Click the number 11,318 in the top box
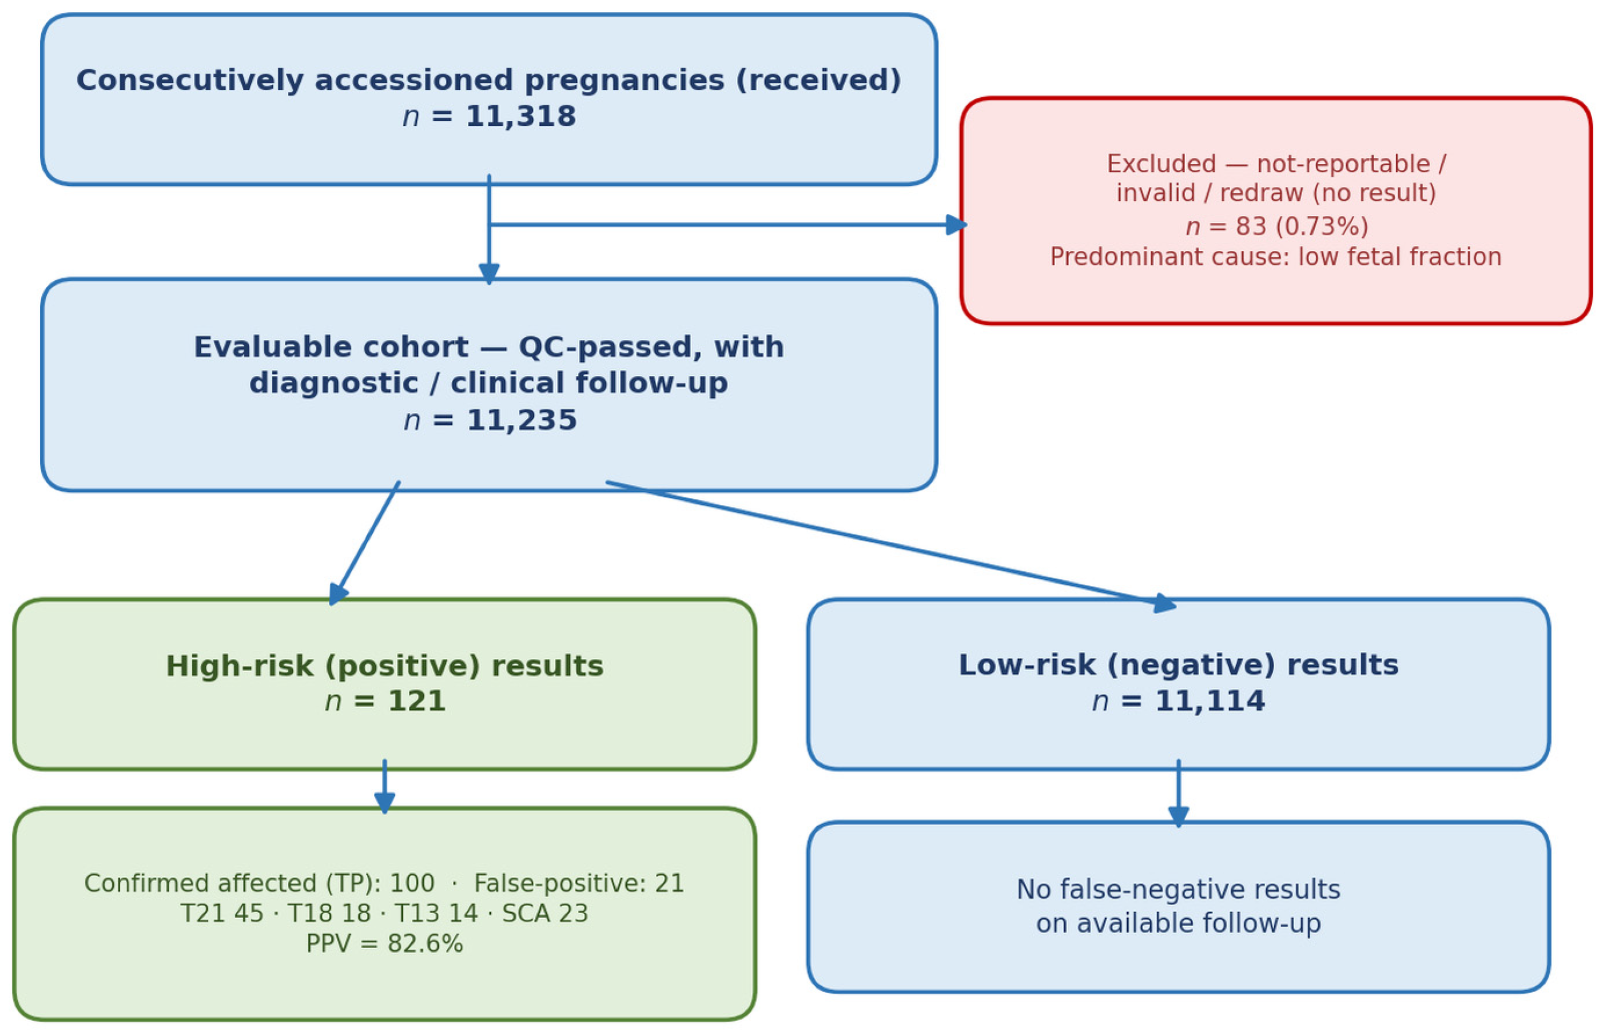[520, 117]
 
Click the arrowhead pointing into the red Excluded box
[956, 225]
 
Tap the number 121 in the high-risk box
[416, 702]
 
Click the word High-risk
[240, 666]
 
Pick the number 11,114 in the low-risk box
[1210, 701]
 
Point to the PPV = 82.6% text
[384, 943]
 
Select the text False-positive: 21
[579, 883]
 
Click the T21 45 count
[222, 914]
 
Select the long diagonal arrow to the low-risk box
[892, 545]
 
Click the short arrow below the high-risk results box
[384, 787]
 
